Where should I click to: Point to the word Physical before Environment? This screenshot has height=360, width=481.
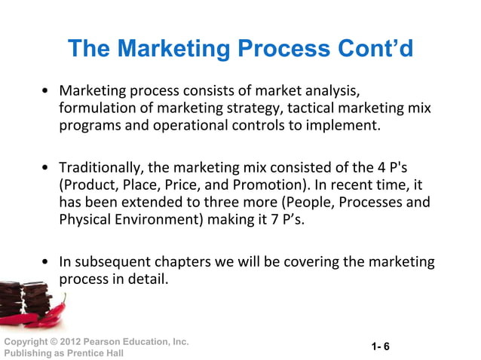[x=84, y=221]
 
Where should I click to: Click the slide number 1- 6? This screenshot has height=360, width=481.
[x=380, y=346]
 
